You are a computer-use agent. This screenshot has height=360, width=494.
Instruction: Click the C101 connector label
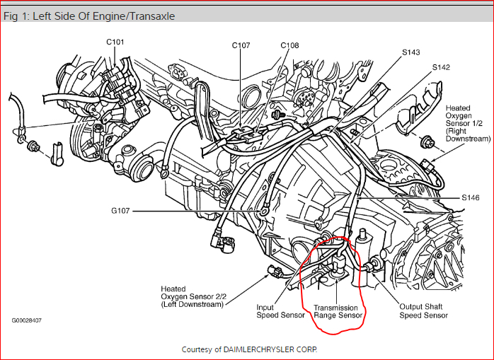(x=115, y=42)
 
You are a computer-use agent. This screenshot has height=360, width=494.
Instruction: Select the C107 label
(x=241, y=45)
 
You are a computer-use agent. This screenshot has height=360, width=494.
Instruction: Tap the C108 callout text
(x=289, y=45)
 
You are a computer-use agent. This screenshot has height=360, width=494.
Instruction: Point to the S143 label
(x=411, y=52)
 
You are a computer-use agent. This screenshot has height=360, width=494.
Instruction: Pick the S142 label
(x=442, y=67)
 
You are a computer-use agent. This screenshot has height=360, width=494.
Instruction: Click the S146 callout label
(x=471, y=198)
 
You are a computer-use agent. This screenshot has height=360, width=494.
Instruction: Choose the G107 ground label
(x=122, y=211)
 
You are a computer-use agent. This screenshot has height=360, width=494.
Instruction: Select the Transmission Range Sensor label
(x=338, y=311)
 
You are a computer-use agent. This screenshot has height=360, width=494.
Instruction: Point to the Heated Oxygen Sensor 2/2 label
(x=192, y=296)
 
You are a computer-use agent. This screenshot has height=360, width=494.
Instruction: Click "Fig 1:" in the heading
(x=16, y=16)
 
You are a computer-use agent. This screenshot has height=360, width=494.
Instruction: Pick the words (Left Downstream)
(x=192, y=304)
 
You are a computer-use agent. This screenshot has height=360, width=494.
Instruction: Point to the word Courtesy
(x=197, y=349)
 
